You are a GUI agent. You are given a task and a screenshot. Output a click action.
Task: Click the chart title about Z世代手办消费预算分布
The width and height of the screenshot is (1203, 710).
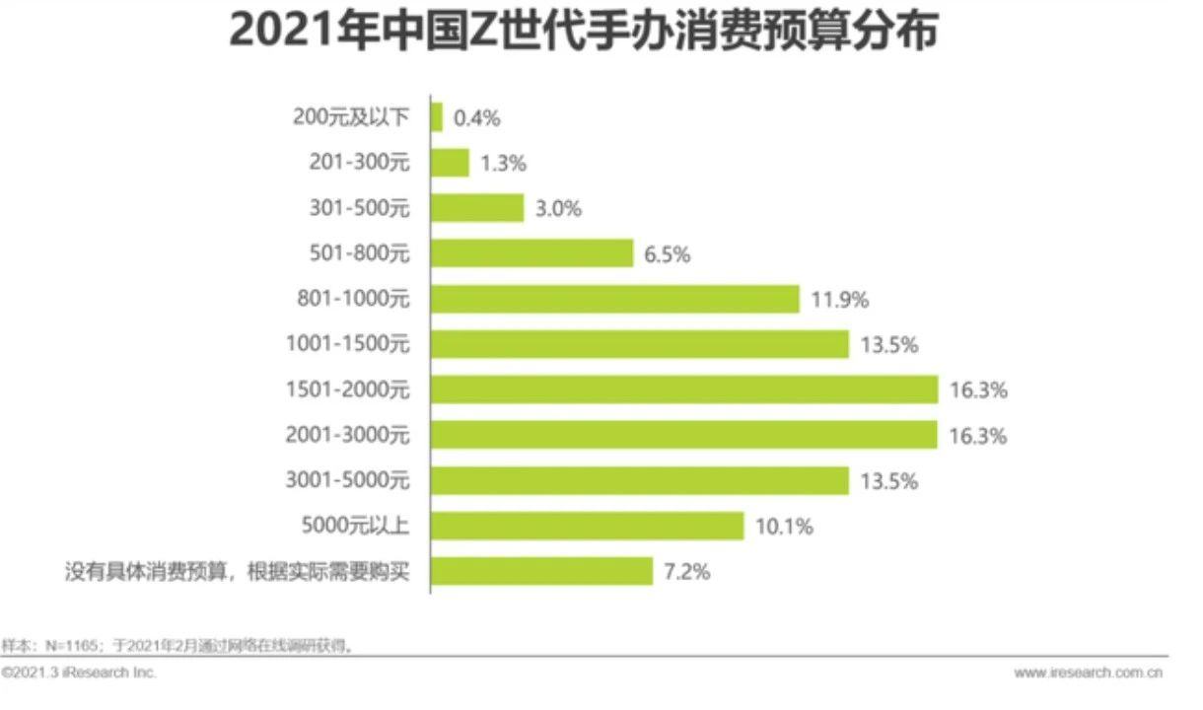pos(583,31)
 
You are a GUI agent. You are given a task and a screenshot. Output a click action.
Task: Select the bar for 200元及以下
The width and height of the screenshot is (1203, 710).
pos(437,117)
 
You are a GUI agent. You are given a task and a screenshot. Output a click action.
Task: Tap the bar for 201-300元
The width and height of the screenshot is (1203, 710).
pos(451,163)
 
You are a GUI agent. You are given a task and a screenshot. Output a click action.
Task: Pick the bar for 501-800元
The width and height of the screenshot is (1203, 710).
pos(532,253)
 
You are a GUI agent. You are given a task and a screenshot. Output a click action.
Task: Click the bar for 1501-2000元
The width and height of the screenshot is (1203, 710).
pos(685,390)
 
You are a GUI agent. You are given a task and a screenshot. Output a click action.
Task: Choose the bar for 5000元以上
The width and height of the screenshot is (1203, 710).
pos(588,526)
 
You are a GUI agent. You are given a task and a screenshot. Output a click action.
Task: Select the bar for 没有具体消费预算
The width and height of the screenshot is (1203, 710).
pos(542,571)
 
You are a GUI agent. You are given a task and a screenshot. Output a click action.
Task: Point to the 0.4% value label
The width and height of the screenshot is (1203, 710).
pos(477,118)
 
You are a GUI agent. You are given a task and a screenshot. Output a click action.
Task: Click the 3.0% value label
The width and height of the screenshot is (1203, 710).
pos(558,209)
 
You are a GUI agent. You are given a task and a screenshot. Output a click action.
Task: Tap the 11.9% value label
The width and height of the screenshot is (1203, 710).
pos(840,300)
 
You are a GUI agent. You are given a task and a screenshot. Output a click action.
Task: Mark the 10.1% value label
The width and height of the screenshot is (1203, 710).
pos(784,527)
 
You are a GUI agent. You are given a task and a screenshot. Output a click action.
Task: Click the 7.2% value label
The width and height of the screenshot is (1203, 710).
pos(688,572)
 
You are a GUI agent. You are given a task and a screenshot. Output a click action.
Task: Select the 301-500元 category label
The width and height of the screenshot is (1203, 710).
pos(358,209)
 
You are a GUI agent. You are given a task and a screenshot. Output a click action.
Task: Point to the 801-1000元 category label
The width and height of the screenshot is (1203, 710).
pos(352,300)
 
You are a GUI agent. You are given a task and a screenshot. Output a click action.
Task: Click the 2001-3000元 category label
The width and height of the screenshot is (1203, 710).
pos(347,435)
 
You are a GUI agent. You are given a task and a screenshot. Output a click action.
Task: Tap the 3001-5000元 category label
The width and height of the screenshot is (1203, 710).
pos(347,480)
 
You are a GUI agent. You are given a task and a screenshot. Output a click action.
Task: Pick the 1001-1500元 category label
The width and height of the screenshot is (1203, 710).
pos(347,345)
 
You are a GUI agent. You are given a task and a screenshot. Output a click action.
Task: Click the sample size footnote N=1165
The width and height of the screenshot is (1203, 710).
pos(177,646)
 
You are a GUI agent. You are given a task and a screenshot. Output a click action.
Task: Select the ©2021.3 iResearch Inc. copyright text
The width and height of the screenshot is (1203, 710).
pos(79,673)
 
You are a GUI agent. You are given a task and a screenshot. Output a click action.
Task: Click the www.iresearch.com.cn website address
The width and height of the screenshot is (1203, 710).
pos(1088,673)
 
